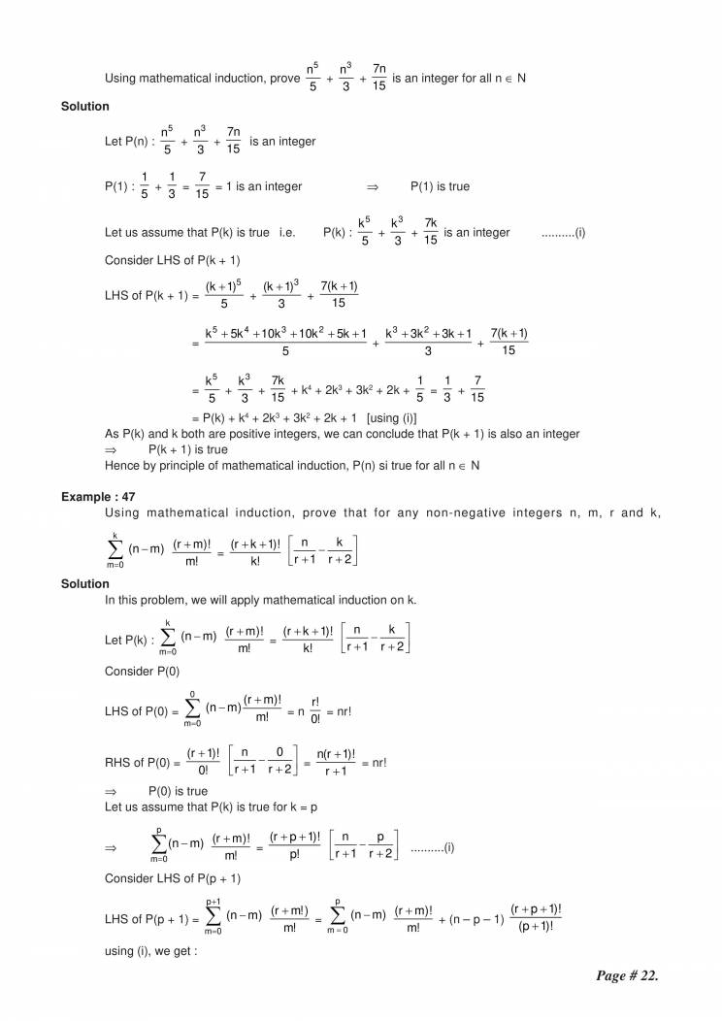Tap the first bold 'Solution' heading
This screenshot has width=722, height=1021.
point(84,106)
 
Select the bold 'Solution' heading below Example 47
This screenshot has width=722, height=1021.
point(84,584)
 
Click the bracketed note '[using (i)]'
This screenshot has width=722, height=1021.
point(390,418)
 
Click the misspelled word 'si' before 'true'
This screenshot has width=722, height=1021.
point(398,465)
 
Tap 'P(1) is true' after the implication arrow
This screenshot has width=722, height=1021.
point(440,186)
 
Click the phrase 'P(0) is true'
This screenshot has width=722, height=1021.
point(178,791)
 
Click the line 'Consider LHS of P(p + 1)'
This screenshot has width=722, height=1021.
point(172,877)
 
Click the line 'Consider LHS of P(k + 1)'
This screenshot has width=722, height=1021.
point(172,260)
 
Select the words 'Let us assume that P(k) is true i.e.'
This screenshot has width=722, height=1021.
point(199,233)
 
